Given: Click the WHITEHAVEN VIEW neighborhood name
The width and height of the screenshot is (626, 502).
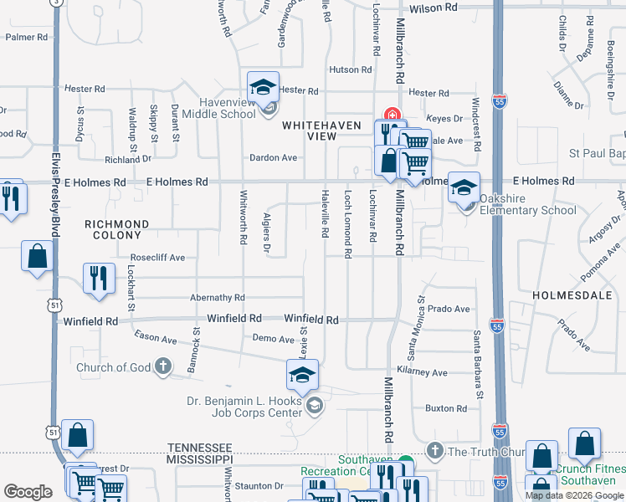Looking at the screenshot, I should click(x=321, y=130).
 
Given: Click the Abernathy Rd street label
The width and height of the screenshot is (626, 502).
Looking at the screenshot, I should click(x=217, y=297).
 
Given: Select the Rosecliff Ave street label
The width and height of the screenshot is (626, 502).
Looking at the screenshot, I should click(x=157, y=258).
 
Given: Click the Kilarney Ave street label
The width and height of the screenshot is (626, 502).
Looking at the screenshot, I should click(x=423, y=372).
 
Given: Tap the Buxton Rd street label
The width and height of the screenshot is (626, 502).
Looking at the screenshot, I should click(x=445, y=408).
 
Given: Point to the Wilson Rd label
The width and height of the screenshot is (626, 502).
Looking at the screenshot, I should click(x=435, y=7).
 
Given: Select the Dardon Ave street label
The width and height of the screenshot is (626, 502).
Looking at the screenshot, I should click(x=273, y=157).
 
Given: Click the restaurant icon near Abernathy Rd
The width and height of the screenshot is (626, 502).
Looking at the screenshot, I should click(x=99, y=278).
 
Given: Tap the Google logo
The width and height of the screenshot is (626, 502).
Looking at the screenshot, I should click(x=28, y=492).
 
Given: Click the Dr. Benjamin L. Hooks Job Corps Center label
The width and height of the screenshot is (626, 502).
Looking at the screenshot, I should click(x=244, y=406).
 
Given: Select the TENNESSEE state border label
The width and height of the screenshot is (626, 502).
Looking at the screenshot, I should click(x=199, y=448).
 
